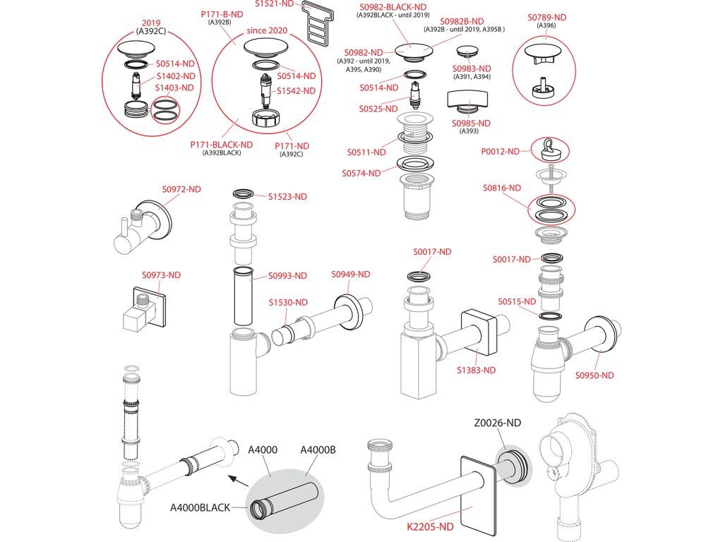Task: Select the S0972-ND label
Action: pos(181,189)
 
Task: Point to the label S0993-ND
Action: pos(287,275)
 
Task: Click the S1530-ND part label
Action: pos(288,302)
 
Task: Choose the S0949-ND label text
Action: pos(351,274)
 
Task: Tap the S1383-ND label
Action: pos(476,370)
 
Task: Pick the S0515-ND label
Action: pos(517,301)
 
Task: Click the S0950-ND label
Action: pos(594,375)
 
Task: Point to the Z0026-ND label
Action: pos(497,423)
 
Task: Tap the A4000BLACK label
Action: pos(200,507)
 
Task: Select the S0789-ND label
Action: pos(548,16)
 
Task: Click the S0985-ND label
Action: pos(472,123)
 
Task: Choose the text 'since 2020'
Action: pos(267,31)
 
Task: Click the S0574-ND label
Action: pos(361,173)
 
